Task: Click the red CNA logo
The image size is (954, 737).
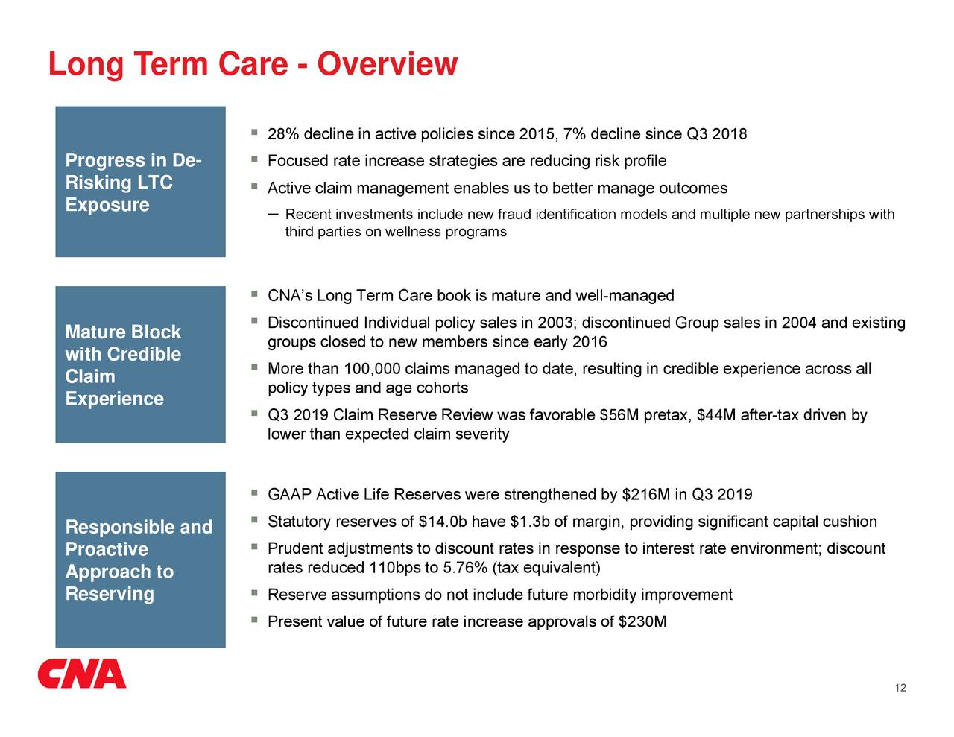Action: (82, 673)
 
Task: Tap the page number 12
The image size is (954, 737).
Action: (900, 688)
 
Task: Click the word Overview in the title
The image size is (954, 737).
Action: (388, 64)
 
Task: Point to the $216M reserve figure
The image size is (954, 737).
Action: (646, 495)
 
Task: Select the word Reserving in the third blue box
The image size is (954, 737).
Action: (110, 594)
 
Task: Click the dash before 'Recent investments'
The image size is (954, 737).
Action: (273, 215)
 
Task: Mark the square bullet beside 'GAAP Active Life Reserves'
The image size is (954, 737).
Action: (254, 493)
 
